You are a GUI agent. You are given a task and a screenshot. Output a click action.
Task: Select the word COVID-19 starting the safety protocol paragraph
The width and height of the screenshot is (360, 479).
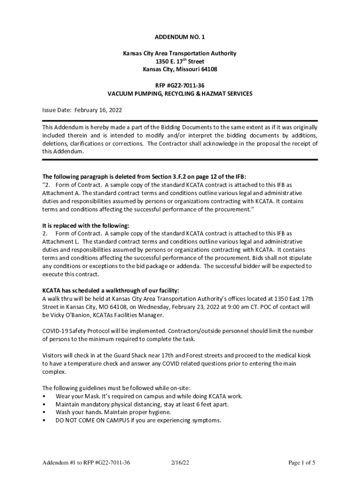point(55,331)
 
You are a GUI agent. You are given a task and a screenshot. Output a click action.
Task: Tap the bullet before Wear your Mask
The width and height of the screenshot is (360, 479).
point(44,396)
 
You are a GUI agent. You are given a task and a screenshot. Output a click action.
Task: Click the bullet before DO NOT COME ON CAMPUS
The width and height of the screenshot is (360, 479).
point(44,421)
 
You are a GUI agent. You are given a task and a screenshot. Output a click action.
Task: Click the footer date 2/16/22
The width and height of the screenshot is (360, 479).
point(180,463)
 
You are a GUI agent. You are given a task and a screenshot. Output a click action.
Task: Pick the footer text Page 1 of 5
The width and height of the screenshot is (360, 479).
point(302,463)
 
